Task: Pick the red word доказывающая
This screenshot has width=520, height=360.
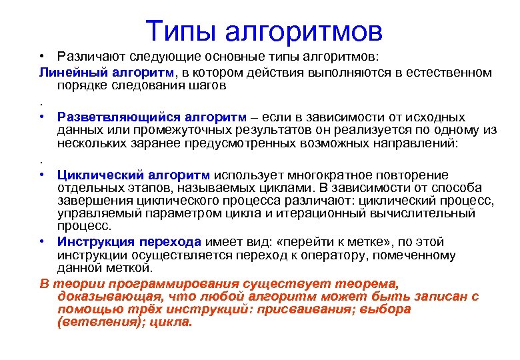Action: click(x=107, y=296)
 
